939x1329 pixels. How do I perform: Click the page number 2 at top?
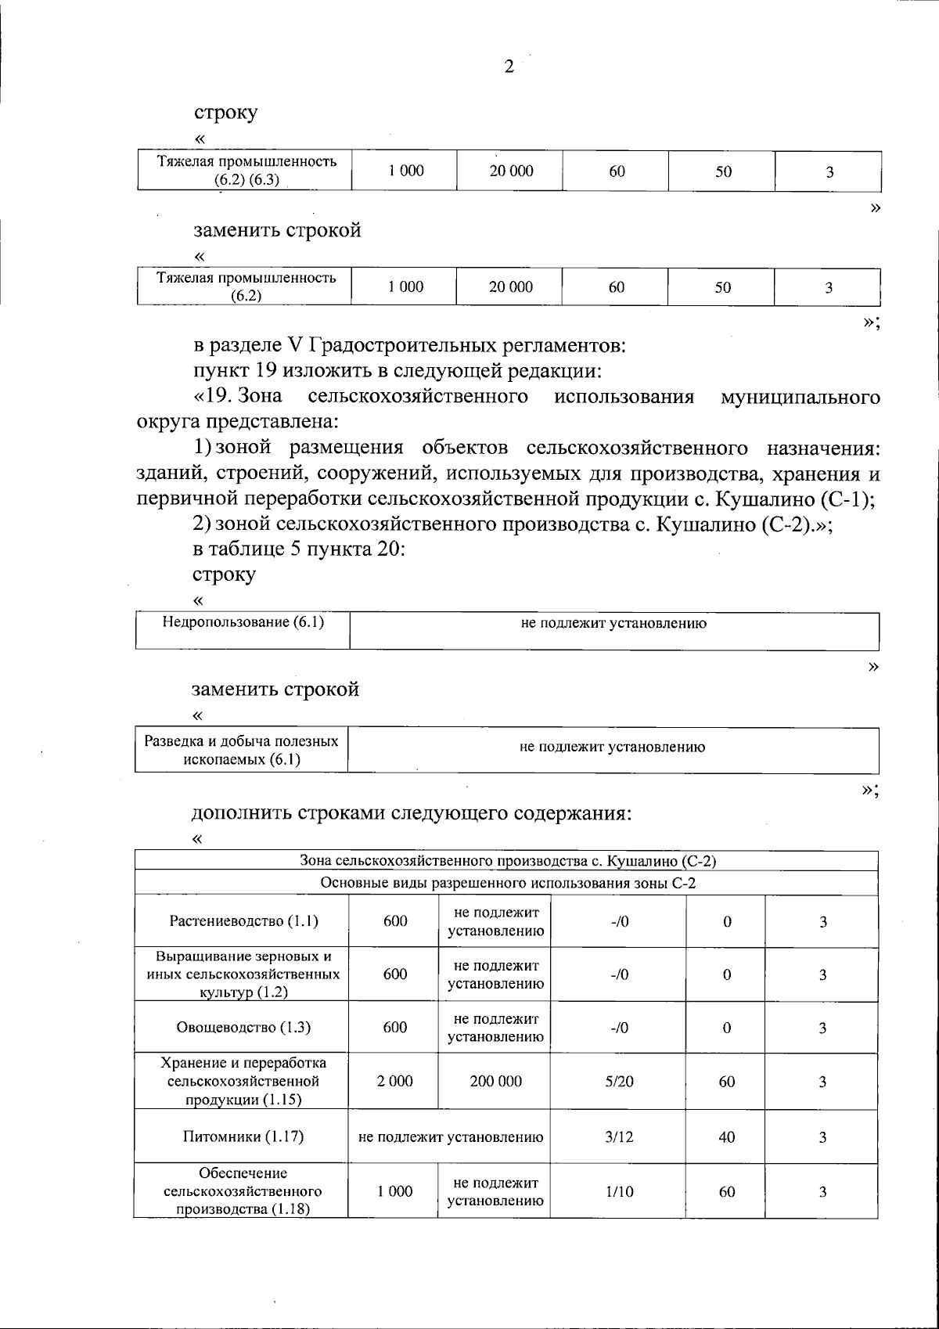coord(509,67)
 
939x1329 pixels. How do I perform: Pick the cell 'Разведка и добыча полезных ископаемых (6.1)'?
coord(242,750)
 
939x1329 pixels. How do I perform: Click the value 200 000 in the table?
coord(495,1081)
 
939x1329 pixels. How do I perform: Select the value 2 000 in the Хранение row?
coord(394,1081)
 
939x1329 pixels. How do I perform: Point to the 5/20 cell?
coord(619,1081)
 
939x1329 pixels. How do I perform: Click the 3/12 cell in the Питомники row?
coord(619,1136)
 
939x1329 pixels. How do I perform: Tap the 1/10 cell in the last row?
coord(619,1191)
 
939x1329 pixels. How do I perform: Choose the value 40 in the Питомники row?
coord(726,1136)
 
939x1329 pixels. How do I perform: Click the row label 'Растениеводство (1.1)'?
coord(243,921)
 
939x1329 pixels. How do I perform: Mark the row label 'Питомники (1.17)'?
coord(243,1136)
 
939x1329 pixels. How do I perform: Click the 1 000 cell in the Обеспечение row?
coord(394,1191)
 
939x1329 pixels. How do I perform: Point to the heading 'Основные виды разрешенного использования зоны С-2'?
coord(508,884)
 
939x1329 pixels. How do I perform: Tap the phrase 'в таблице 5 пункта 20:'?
coord(299,549)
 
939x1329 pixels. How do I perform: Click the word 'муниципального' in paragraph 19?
coord(800,397)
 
